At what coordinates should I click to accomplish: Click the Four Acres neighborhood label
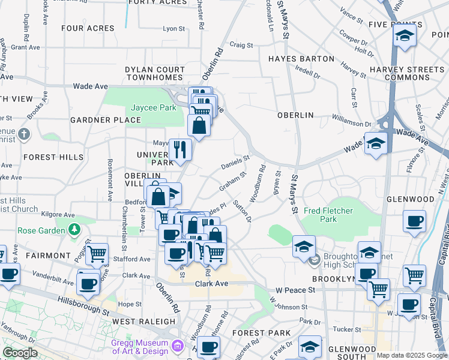coord(88,28)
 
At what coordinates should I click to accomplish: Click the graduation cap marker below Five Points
coord(405,36)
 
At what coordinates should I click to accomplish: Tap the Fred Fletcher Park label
coord(328,215)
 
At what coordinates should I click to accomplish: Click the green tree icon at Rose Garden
coord(74,229)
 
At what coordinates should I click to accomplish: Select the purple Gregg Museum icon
coord(176,346)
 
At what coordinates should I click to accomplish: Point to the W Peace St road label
coord(295,290)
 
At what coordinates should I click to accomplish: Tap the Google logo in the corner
coord(20,353)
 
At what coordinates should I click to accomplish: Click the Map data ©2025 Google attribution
coord(411,355)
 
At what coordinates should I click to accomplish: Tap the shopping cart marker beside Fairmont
coord(97,254)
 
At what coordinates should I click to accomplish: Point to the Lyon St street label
coord(174,28)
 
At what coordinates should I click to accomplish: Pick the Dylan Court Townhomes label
coord(154,74)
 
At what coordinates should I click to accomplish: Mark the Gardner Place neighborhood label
coord(105,120)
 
